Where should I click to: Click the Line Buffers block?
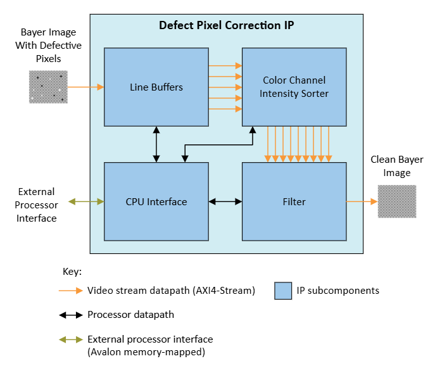pyautogui.click(x=156, y=87)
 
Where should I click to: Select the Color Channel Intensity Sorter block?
pyautogui.click(x=294, y=87)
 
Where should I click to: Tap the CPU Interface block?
pyautogui.click(x=156, y=201)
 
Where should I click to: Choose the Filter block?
pyautogui.click(x=294, y=201)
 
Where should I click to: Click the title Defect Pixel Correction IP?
pyautogui.click(x=226, y=26)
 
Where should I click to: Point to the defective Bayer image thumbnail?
pyautogui.click(x=47, y=87)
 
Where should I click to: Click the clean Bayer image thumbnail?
pyautogui.click(x=397, y=201)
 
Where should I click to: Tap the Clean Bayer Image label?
pyautogui.click(x=397, y=166)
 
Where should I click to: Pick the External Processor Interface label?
pyautogui.click(x=37, y=205)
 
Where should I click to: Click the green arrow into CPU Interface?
pyautogui.click(x=87, y=201)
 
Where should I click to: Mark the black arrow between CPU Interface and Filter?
pyautogui.click(x=225, y=201)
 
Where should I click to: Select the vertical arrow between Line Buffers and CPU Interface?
pyautogui.click(x=156, y=144)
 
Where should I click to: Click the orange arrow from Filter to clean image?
pyautogui.click(x=362, y=201)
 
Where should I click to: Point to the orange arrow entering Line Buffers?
pyautogui.click(x=85, y=87)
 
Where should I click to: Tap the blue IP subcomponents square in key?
pyautogui.click(x=283, y=291)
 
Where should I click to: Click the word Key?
pyautogui.click(x=72, y=271)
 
